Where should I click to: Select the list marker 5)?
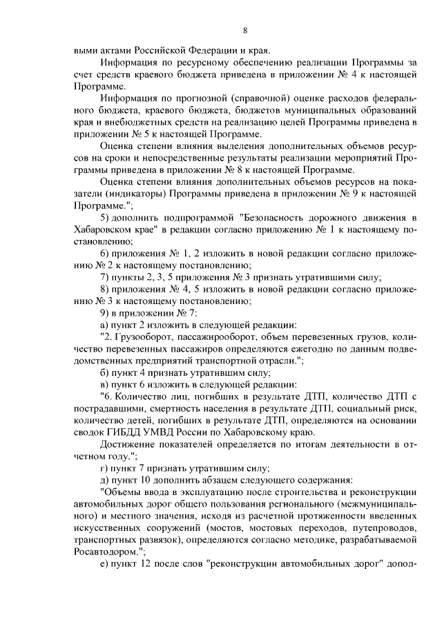pos(105,218)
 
